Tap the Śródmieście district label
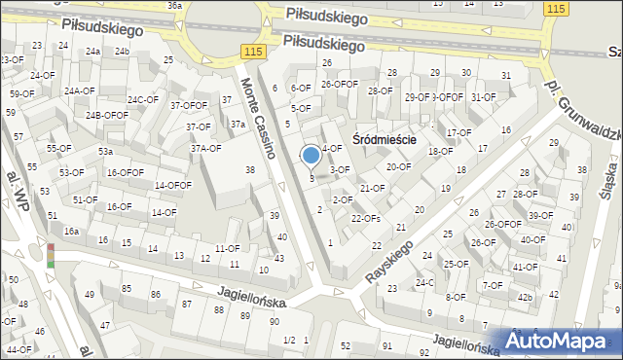385,139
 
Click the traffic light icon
50,255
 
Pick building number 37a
237,125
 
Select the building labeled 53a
105,152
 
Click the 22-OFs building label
365,219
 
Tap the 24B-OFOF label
106,115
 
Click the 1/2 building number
288,340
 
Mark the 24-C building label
424,283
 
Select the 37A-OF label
205,149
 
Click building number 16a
71,232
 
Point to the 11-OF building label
227,249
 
